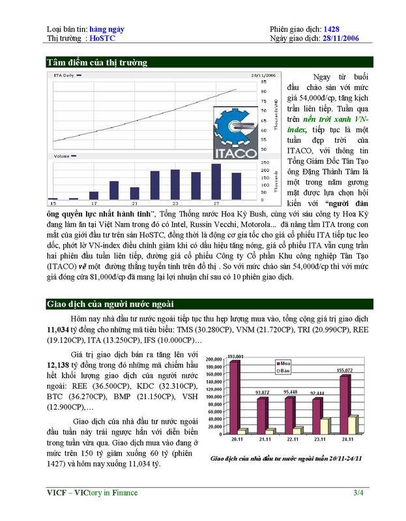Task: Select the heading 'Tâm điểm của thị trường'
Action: pos(97,63)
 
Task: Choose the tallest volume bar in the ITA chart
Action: pos(216,181)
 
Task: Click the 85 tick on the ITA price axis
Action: pos(263,82)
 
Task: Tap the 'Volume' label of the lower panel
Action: pos(62,156)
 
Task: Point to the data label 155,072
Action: pos(345,370)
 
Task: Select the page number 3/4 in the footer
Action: pos(359,492)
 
